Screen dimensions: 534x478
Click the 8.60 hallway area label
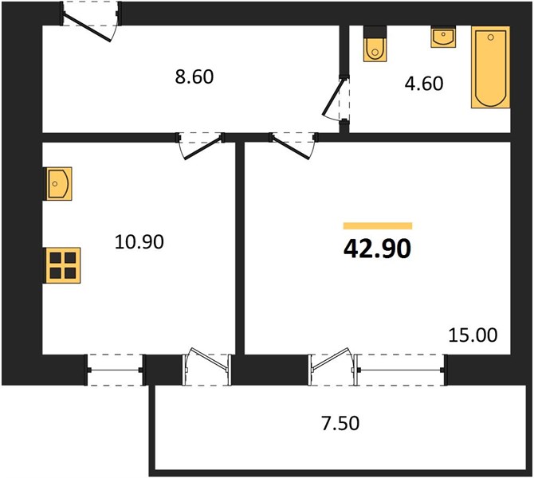[x=194, y=77]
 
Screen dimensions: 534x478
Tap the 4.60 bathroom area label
[x=424, y=84]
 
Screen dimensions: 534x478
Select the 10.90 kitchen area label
[x=139, y=241]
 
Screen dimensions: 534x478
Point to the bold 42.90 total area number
[x=377, y=249]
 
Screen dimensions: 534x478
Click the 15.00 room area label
[x=473, y=335]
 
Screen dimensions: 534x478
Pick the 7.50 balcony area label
[x=340, y=424]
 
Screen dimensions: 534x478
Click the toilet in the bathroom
[x=375, y=44]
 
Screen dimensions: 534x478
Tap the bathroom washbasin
[x=443, y=37]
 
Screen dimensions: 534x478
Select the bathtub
[x=490, y=67]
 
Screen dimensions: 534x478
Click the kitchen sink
[x=57, y=183]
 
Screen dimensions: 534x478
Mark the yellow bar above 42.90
[x=378, y=225]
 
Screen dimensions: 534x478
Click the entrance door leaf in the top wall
[x=87, y=28]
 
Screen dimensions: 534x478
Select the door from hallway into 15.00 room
[x=290, y=148]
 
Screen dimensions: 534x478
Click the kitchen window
[x=115, y=370]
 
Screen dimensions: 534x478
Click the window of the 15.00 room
[x=400, y=370]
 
